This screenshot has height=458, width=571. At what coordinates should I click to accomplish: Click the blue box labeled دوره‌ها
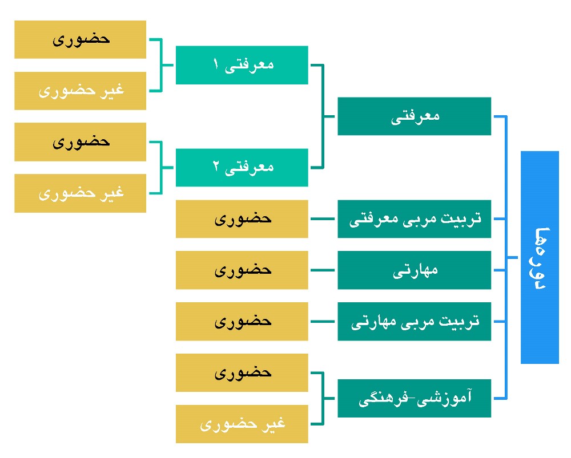point(540,257)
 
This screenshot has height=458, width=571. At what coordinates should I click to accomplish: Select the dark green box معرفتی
point(415,116)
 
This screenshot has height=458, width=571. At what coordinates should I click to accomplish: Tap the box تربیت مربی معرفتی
point(415,219)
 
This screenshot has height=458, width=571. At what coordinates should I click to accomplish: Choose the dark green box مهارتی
point(415,270)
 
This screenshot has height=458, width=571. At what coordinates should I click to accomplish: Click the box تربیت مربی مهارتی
point(415,322)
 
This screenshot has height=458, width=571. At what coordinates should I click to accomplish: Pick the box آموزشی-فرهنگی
point(415,398)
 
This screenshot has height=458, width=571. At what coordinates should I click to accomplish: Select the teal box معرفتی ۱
point(242,65)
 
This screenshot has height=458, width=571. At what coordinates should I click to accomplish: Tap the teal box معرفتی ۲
point(242,168)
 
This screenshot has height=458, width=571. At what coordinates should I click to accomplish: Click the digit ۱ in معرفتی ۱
point(216,64)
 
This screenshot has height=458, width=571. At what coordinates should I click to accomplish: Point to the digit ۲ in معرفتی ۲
point(216,167)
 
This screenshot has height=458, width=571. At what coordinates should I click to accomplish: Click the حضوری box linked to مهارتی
point(242,270)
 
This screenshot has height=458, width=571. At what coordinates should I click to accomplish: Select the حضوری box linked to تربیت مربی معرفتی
point(242,219)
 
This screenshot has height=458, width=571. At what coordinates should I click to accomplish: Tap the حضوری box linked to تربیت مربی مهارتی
point(242,322)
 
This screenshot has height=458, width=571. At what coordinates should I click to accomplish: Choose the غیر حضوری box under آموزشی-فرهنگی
point(242,424)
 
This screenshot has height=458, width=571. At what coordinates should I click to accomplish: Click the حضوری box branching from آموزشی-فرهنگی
point(242,373)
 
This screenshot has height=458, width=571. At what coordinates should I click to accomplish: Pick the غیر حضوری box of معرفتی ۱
point(80,91)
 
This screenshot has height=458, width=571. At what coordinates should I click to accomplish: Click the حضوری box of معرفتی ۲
point(80,142)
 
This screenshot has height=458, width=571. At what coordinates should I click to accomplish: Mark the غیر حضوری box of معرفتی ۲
point(80,193)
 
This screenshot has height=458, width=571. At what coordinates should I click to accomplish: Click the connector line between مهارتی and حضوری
point(323,270)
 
